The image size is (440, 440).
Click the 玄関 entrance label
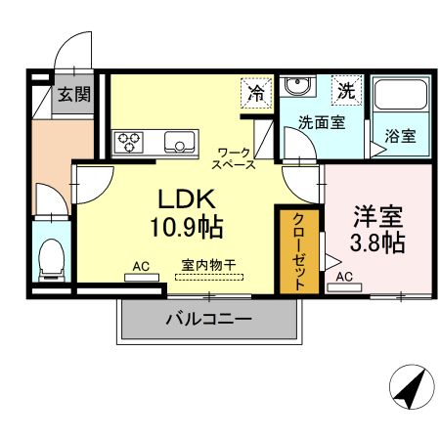coord(72,95)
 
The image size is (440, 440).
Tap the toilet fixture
coord(50,256)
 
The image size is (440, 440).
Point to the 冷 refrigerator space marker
coord(255,94)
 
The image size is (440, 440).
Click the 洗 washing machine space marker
coord(345,90)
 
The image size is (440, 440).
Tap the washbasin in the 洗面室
coord(297,87)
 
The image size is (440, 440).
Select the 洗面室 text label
coord(321,124)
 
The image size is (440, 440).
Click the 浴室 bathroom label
coord(400,136)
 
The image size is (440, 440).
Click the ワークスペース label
coord(236,157)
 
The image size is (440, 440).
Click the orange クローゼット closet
coord(299,249)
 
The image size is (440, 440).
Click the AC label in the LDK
coord(141,266)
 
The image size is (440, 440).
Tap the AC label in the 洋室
coord(344,278)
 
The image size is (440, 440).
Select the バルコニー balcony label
coord(208,319)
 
